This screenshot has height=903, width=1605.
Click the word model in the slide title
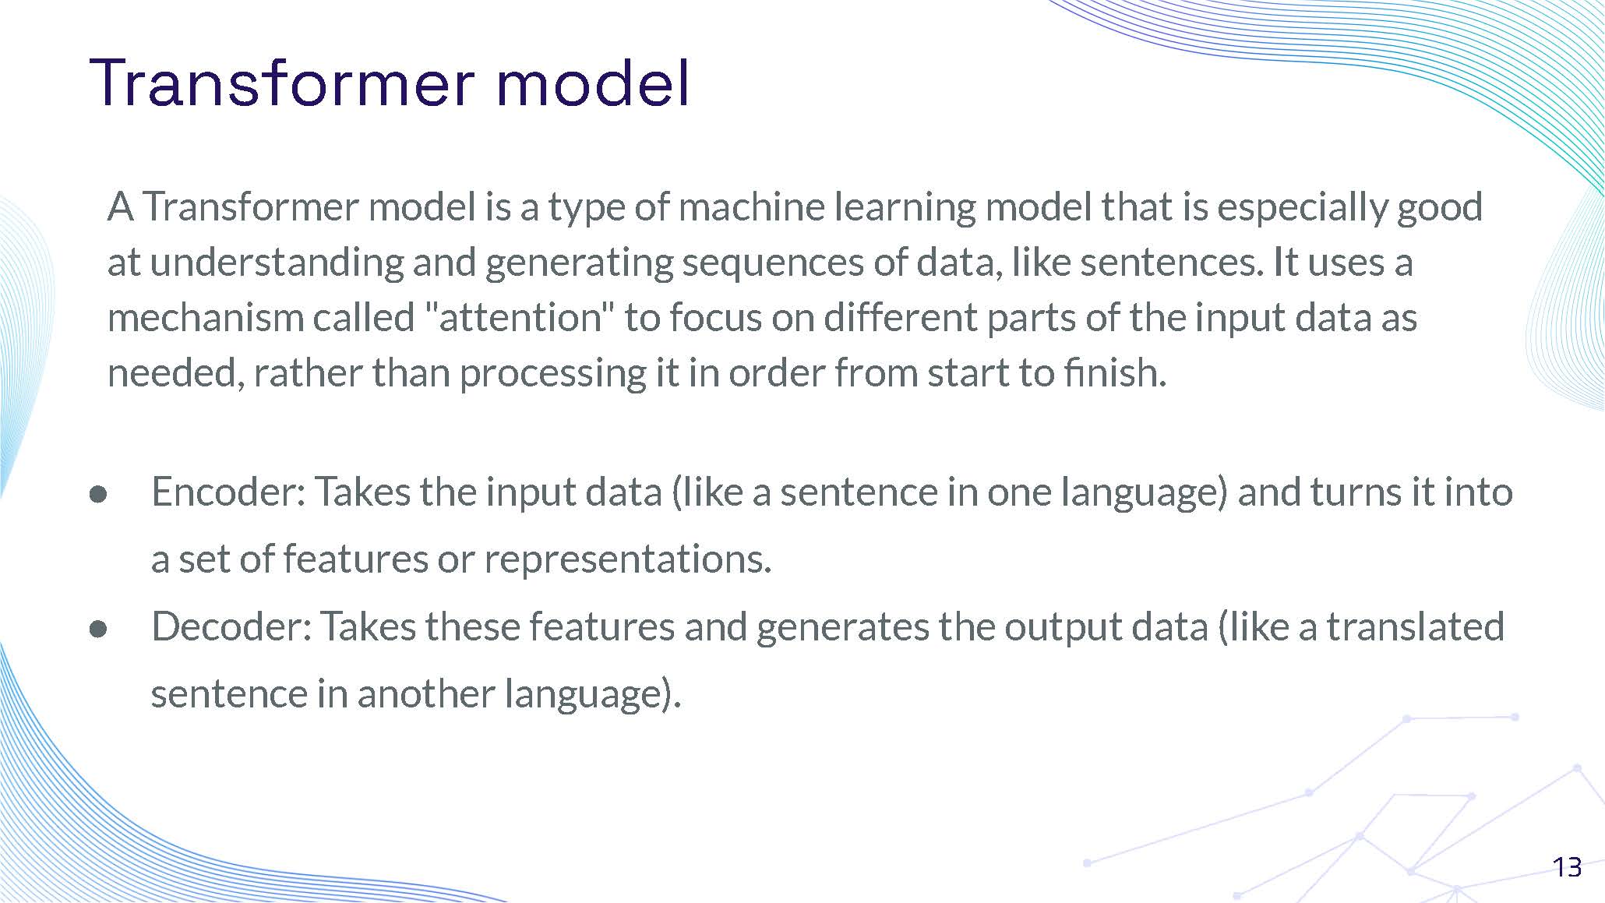click(x=592, y=83)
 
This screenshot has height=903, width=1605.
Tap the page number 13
click(x=1567, y=867)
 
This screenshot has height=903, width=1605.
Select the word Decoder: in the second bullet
click(x=231, y=627)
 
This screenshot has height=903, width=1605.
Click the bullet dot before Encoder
click(x=98, y=495)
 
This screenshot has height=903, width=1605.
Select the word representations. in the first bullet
click(x=628, y=559)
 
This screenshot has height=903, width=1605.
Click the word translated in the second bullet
click(x=1415, y=627)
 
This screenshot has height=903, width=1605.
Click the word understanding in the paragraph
click(x=277, y=263)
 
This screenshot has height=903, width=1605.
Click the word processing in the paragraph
click(x=552, y=373)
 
